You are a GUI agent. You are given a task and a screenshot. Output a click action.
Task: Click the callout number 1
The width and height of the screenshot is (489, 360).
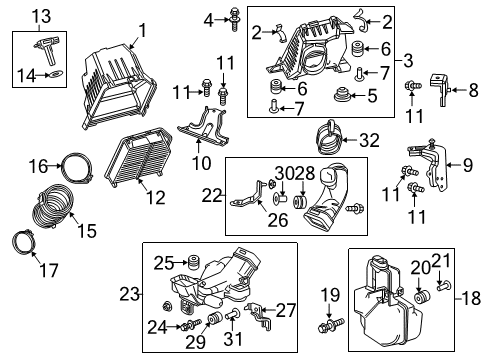(143, 31)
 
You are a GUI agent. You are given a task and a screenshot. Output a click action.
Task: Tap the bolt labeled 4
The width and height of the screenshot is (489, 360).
(234, 19)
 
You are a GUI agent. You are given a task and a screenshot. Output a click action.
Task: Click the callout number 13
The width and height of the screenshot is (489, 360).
(41, 16)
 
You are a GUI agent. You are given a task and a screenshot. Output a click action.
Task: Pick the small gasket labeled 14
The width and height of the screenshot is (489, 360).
(57, 74)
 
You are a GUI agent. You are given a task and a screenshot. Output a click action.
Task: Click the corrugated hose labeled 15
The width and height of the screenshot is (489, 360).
(53, 207)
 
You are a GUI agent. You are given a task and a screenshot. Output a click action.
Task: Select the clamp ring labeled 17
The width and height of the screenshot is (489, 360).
(24, 243)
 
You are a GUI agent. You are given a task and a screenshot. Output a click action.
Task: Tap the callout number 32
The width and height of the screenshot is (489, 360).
(369, 140)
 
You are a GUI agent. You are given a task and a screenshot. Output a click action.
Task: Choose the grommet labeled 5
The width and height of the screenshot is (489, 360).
(342, 94)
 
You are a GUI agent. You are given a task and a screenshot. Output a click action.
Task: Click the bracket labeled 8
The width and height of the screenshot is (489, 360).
(440, 89)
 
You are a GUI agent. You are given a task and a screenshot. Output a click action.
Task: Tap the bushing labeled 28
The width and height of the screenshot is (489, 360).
(299, 202)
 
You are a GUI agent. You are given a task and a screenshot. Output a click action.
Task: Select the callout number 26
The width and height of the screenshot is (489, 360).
(278, 220)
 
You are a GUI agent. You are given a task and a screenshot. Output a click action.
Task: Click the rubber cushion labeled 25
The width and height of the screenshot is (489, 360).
(193, 263)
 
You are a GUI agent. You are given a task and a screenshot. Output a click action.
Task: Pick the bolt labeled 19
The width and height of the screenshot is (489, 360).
(331, 325)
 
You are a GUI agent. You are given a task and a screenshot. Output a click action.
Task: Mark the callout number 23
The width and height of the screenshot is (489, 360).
(129, 294)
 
